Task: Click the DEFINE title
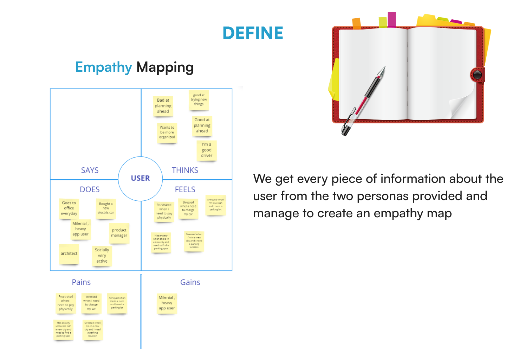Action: pos(253,33)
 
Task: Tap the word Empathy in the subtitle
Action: pos(103,67)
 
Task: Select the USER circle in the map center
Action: pos(140,178)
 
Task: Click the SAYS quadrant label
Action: pos(90,171)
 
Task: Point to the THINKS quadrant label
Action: pos(185,171)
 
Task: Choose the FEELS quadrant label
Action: pos(185,189)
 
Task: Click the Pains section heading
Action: pos(81,282)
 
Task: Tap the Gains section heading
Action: pos(190,282)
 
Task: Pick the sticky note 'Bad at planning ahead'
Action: pos(163,106)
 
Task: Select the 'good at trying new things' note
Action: pos(199,100)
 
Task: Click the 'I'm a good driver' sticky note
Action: pos(207,150)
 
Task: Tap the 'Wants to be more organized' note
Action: pos(167,133)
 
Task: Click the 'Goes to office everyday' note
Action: pos(69,208)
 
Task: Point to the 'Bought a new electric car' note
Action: pos(106,208)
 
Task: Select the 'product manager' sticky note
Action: pos(119,233)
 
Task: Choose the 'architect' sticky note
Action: pos(69,253)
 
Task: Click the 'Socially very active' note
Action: pos(102,256)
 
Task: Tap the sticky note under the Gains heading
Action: pos(167,303)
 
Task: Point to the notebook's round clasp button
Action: pos(477,75)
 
